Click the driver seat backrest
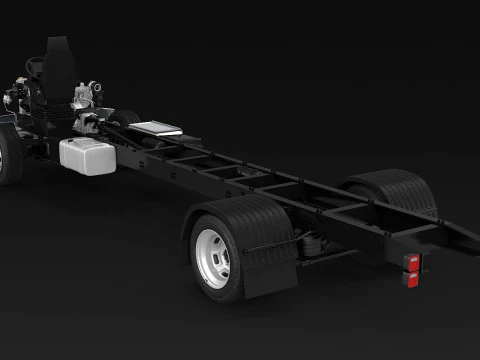[x=57, y=52]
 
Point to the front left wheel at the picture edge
[x=7, y=158]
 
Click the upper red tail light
[x=411, y=261]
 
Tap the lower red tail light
[x=412, y=278]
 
